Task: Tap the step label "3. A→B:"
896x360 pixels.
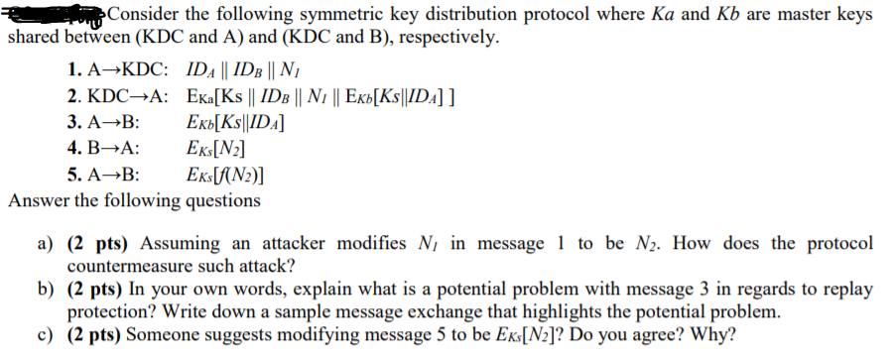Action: (104, 123)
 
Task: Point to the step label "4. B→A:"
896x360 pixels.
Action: (104, 149)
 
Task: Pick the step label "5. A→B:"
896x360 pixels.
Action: (104, 175)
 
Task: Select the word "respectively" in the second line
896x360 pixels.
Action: (445, 38)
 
